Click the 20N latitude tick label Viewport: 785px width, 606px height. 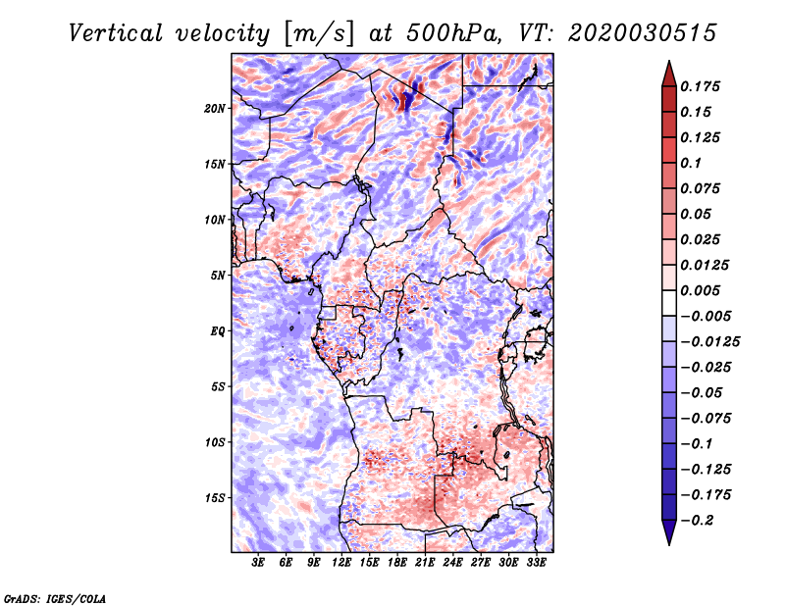(x=215, y=109)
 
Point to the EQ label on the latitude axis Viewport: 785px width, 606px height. (x=218, y=331)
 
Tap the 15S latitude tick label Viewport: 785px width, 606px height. (x=215, y=498)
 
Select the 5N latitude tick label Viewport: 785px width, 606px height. (x=218, y=276)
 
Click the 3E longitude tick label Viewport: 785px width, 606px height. (x=258, y=563)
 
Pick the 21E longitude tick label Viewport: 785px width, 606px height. (x=425, y=563)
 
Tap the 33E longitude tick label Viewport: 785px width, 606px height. (x=536, y=563)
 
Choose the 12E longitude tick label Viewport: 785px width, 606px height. (x=340, y=563)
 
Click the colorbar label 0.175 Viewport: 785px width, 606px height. (x=700, y=86)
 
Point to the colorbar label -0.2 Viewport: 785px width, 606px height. (x=699, y=521)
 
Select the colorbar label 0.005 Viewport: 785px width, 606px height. (x=700, y=290)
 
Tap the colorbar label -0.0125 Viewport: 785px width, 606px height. (x=709, y=342)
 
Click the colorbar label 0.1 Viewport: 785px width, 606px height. (x=691, y=163)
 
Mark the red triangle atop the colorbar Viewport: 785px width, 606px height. (x=669, y=75)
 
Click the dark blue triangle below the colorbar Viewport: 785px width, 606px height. (x=669, y=531)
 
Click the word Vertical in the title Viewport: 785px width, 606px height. (x=116, y=33)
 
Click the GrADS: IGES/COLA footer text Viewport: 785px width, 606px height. (x=55, y=598)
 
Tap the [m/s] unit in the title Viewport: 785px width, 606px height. (x=319, y=34)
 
